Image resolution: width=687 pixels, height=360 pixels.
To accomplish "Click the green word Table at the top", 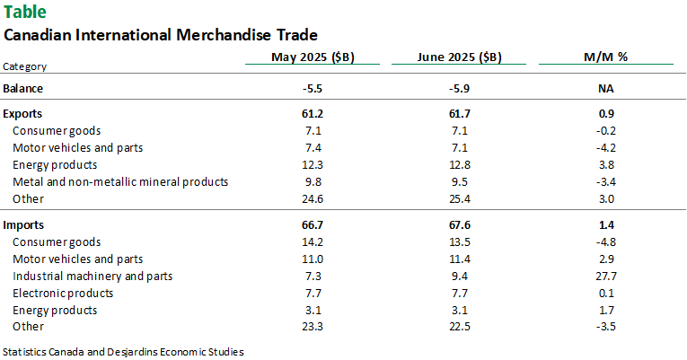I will click(25, 13).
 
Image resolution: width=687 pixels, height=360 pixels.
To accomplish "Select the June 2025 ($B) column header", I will click(459, 57).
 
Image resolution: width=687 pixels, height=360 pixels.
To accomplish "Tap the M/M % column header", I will click(605, 57).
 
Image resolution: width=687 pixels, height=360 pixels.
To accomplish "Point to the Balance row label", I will click(23, 88).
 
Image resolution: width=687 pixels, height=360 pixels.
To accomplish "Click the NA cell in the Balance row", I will click(605, 88).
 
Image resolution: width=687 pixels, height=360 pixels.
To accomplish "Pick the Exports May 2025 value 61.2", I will click(313, 115).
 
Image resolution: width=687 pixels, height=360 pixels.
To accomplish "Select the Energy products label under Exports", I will click(55, 164).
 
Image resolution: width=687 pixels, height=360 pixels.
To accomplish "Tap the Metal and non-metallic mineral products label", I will click(120, 181).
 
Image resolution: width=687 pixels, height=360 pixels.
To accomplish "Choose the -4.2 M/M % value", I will click(605, 147).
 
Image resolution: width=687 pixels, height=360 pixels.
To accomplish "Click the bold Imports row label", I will click(24, 224).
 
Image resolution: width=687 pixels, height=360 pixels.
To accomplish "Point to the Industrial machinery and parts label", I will click(92, 276).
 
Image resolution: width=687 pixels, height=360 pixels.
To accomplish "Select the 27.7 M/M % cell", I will click(605, 276).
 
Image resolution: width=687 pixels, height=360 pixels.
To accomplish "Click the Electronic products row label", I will click(63, 293).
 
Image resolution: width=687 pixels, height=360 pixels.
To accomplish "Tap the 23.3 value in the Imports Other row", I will click(313, 327).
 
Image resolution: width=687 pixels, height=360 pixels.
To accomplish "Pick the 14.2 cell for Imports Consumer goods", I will click(313, 241).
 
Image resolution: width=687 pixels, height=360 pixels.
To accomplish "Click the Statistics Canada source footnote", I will click(123, 351).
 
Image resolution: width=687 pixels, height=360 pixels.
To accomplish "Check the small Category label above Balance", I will click(25, 66).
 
